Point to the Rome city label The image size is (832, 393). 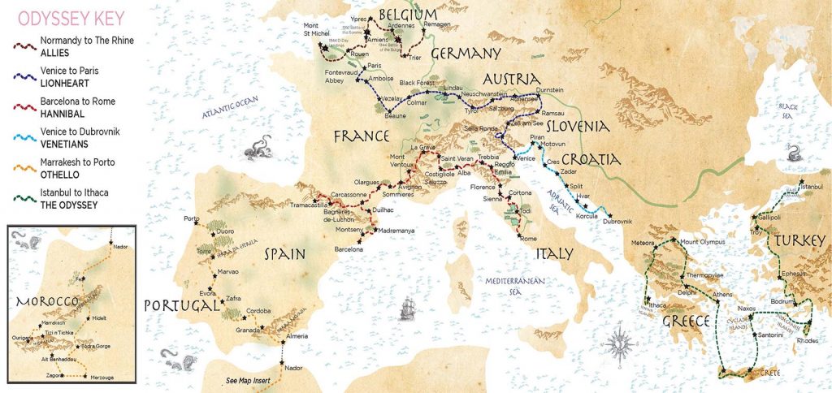[528, 238]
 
